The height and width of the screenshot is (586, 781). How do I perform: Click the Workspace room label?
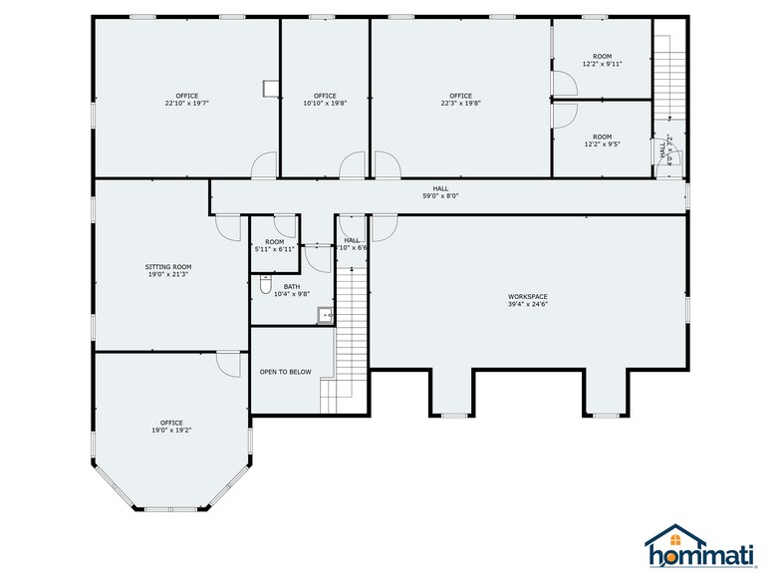(x=527, y=296)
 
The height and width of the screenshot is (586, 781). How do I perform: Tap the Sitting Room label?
(x=168, y=267)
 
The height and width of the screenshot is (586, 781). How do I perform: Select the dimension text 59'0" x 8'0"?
(x=439, y=196)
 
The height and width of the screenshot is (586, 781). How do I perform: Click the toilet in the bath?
(x=265, y=288)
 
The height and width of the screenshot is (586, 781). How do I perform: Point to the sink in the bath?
(x=325, y=316)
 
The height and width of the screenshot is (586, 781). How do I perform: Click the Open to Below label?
(x=285, y=372)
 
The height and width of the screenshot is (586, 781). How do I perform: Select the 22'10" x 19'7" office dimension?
(x=186, y=103)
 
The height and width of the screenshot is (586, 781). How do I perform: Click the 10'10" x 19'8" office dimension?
(x=325, y=103)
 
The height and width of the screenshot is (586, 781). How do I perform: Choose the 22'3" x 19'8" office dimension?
(x=461, y=103)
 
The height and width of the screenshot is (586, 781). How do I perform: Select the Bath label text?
(x=291, y=286)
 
